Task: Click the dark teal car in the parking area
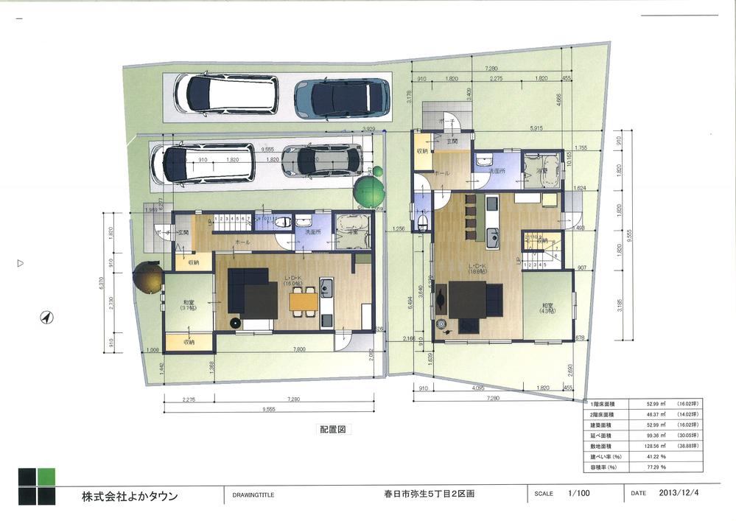coord(342,99)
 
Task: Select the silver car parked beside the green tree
coord(322,160)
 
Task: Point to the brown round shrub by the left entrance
coord(148,277)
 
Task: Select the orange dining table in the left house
coord(304,301)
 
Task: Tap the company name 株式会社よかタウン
coord(130,496)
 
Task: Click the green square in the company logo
coord(46,476)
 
